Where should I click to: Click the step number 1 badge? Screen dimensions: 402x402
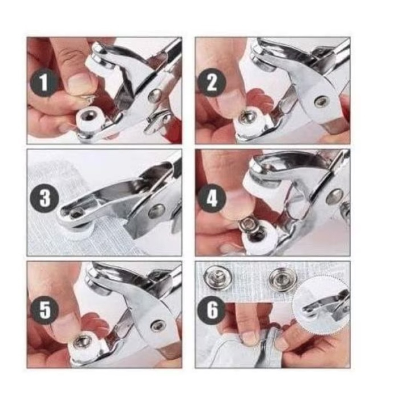point(44,82)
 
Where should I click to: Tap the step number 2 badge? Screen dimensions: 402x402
point(212,83)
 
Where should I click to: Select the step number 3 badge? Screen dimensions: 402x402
point(45,198)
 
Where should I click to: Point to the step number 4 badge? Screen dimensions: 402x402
point(212,198)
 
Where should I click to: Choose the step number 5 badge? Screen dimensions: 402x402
point(45,310)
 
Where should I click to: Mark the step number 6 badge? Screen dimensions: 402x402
point(212,311)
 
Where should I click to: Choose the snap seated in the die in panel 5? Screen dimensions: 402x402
point(81,343)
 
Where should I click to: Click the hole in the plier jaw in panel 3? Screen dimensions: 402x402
point(76,212)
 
